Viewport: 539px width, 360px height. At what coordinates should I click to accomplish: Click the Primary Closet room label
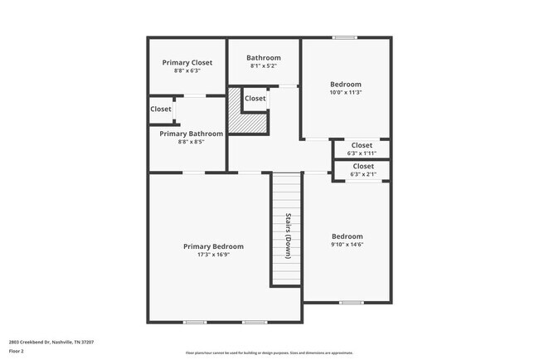pyautogui.click(x=187, y=62)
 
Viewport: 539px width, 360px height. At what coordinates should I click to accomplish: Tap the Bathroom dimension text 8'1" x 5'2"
pyautogui.click(x=263, y=66)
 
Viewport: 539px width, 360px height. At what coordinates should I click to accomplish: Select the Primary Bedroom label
pyautogui.click(x=214, y=246)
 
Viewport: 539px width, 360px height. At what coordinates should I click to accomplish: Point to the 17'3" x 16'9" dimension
pyautogui.click(x=214, y=255)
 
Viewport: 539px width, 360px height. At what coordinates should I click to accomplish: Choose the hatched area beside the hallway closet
pyautogui.click(x=250, y=121)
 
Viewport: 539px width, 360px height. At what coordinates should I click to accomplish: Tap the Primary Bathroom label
pyautogui.click(x=192, y=134)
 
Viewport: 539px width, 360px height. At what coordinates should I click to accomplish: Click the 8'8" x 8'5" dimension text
pyautogui.click(x=192, y=142)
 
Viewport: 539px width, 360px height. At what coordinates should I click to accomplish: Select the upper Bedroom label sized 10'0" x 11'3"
pyautogui.click(x=346, y=85)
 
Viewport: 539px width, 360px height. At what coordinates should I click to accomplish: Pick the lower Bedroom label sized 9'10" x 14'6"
pyautogui.click(x=347, y=236)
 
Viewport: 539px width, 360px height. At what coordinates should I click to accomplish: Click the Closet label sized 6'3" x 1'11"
pyautogui.click(x=362, y=145)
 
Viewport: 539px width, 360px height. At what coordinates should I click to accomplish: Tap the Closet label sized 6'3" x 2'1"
pyautogui.click(x=362, y=166)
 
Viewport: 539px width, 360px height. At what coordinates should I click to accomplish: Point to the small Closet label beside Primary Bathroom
pyautogui.click(x=161, y=109)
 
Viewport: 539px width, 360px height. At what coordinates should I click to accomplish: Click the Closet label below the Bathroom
pyautogui.click(x=255, y=99)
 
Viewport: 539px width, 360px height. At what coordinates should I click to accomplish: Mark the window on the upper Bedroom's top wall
pyautogui.click(x=345, y=37)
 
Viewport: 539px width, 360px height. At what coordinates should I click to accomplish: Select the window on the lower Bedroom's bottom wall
pyautogui.click(x=347, y=302)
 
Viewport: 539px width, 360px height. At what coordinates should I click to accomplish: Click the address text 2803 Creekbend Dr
pyautogui.click(x=41, y=341)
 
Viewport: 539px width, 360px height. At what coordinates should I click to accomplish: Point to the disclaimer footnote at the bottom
pyautogui.click(x=269, y=353)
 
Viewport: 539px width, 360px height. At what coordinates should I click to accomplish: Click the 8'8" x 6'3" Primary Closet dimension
pyautogui.click(x=187, y=71)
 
